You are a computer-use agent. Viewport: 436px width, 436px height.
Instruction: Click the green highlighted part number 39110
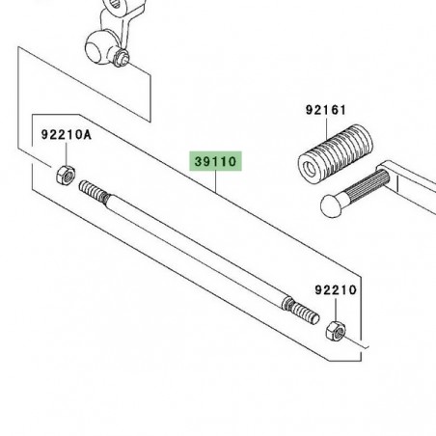point(215,161)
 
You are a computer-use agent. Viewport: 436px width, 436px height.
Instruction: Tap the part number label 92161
point(326,110)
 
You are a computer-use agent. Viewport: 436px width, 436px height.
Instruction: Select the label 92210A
point(67,134)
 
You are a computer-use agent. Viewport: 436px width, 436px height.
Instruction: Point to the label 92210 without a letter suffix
point(336,290)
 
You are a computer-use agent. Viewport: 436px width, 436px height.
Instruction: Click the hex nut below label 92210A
point(66,175)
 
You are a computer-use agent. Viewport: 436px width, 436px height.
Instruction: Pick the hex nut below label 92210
point(336,330)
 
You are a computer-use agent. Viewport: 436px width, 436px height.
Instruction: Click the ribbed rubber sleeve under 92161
point(336,152)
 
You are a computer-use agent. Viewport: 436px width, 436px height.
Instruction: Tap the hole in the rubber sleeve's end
point(310,168)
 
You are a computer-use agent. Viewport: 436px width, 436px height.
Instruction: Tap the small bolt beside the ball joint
point(123,59)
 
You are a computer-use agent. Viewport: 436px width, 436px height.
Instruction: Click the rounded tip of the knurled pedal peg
point(332,204)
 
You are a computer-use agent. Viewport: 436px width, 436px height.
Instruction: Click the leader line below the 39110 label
point(216,181)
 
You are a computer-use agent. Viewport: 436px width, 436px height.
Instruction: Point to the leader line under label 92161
point(327,128)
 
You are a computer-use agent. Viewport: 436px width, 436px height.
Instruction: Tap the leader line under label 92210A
point(67,153)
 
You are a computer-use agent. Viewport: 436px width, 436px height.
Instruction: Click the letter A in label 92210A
point(87,134)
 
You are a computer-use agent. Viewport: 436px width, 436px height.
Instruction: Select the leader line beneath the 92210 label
point(336,309)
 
